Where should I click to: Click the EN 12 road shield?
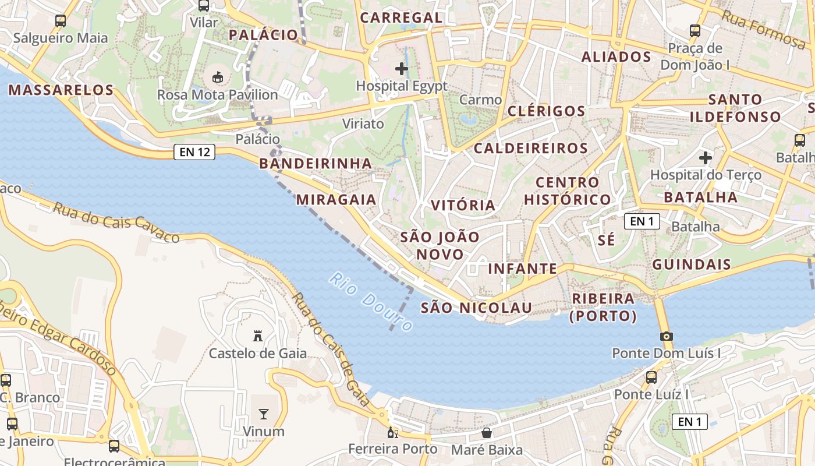(x=194, y=153)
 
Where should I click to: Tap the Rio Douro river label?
(x=370, y=301)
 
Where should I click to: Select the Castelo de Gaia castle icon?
(x=257, y=336)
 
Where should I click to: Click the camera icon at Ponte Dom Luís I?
(x=667, y=336)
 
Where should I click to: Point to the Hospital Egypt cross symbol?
(x=401, y=69)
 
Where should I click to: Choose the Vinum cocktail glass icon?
(x=264, y=414)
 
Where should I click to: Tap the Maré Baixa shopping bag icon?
(x=487, y=433)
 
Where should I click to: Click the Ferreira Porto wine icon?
(x=393, y=433)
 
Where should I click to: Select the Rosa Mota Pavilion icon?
(x=218, y=76)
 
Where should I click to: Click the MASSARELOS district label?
(x=61, y=90)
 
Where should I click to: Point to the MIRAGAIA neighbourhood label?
(x=336, y=199)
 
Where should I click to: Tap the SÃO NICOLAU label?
(x=476, y=308)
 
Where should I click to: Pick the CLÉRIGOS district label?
(x=546, y=111)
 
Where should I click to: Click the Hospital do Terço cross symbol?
(x=706, y=157)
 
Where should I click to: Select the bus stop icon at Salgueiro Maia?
(x=61, y=21)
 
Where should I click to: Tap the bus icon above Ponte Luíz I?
(x=651, y=377)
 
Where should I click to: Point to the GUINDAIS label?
(x=691, y=264)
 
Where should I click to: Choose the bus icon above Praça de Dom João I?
(x=694, y=30)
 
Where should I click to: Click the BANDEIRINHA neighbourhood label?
(x=315, y=163)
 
